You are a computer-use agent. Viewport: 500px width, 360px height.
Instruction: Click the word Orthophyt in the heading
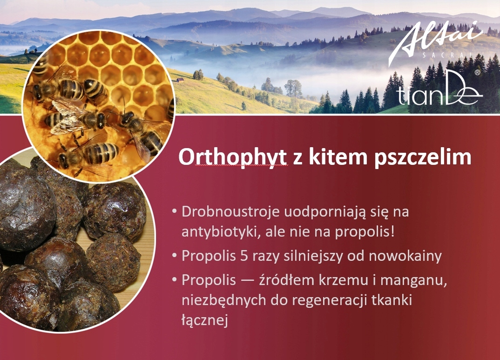233,157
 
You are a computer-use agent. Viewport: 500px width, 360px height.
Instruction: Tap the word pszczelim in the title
423,157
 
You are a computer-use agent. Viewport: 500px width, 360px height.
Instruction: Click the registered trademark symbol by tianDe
477,72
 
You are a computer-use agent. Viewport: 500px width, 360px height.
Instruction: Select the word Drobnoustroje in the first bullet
230,212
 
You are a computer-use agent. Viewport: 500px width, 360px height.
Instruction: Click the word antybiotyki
218,232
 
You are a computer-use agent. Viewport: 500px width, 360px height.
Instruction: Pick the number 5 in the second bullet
244,256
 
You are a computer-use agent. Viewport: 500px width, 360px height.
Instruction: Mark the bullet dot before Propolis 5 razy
174,256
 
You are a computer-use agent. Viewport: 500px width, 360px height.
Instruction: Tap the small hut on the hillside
181,80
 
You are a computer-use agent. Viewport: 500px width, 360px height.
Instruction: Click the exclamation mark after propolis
392,232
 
